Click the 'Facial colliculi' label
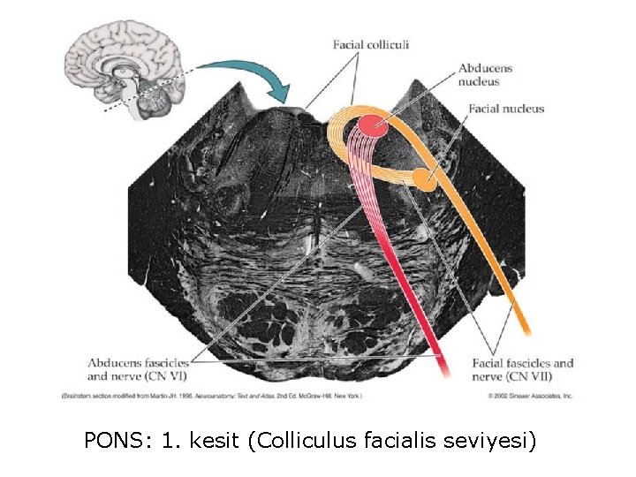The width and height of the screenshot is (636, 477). click(x=370, y=44)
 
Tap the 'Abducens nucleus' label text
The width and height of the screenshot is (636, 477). click(x=486, y=75)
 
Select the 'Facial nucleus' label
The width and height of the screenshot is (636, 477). click(x=506, y=110)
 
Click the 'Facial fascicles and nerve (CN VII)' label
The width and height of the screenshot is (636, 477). click(x=523, y=369)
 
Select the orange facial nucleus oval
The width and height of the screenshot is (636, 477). click(x=423, y=180)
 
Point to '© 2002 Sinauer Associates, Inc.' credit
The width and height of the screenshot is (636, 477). click(x=530, y=396)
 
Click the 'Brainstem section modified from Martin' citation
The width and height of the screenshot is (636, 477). click(x=212, y=395)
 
